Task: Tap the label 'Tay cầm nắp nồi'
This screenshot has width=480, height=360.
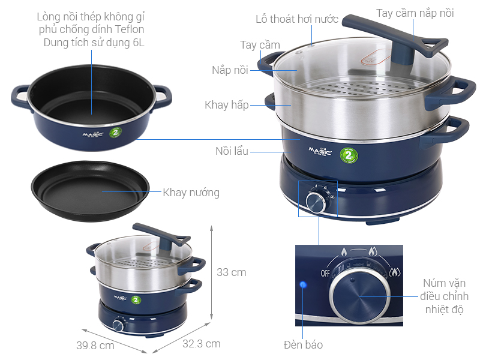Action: click(415, 13)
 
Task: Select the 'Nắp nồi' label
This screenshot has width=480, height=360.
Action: click(230, 70)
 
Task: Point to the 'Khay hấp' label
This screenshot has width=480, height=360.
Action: click(226, 105)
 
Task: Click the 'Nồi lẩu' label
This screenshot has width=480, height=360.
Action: click(232, 151)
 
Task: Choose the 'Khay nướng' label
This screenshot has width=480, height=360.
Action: click(191, 193)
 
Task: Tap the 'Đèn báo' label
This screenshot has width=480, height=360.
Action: click(303, 344)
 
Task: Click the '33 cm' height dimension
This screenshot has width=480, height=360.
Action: click(231, 272)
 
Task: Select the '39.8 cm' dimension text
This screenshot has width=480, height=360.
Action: click(95, 346)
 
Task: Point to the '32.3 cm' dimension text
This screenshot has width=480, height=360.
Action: click(201, 344)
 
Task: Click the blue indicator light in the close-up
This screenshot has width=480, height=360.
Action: click(304, 284)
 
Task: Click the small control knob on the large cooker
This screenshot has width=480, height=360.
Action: click(315, 202)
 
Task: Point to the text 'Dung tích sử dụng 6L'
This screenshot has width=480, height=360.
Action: click(94, 43)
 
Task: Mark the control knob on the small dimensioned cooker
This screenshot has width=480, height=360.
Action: click(118, 325)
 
